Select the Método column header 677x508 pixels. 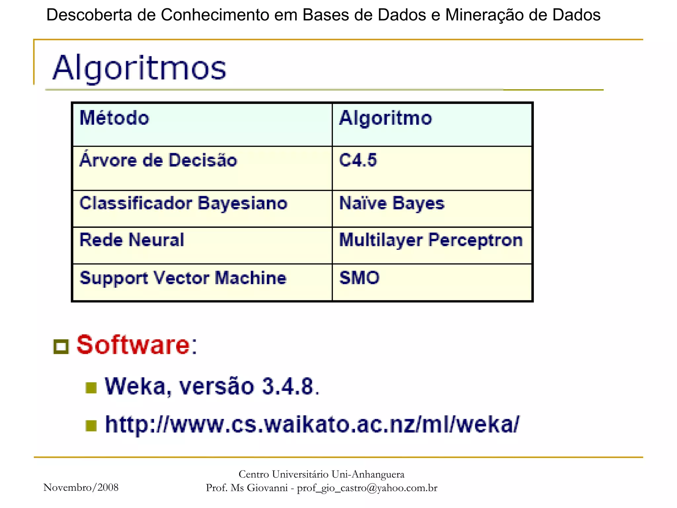(114, 118)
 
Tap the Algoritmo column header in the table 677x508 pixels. (385, 118)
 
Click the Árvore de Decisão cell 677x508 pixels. (158, 160)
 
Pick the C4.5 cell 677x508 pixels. (358, 160)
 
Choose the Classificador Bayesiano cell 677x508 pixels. (183, 203)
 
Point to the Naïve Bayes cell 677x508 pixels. (392, 203)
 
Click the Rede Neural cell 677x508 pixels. (132, 240)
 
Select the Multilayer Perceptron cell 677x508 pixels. (431, 240)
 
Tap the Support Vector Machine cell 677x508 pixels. (183, 278)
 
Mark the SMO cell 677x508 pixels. (359, 278)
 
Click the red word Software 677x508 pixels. (133, 345)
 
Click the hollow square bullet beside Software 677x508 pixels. (61, 347)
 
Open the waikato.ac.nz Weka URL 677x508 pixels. (312, 424)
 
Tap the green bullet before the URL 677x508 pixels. (91, 426)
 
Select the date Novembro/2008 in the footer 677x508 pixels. (81, 487)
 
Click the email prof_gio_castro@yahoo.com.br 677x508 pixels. (367, 488)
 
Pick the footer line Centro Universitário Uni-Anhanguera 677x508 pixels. (321, 474)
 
